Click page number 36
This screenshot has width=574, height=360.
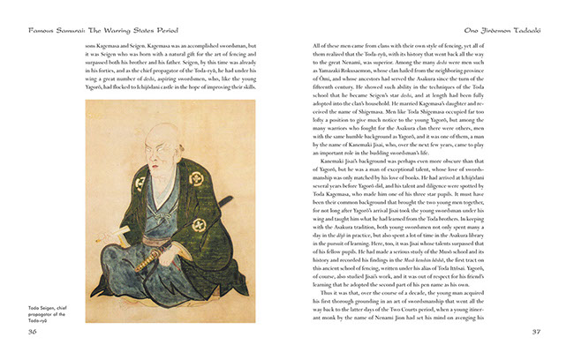click(x=33, y=333)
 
